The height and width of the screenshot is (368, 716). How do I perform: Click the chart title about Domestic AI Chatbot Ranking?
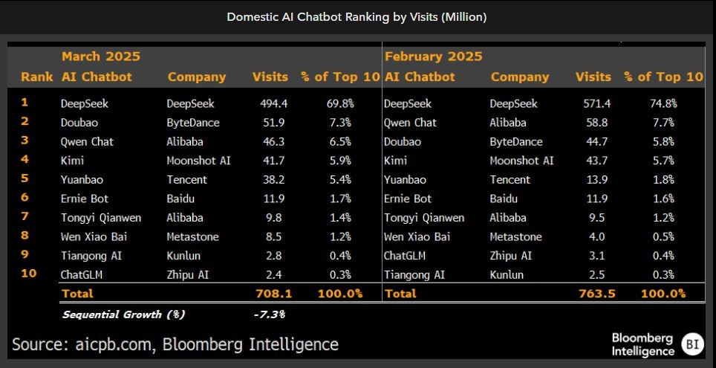click(x=357, y=16)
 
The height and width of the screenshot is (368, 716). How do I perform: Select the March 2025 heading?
click(x=100, y=57)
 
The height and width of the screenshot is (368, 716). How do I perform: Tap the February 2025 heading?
click(x=433, y=57)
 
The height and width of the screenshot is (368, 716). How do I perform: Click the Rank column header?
click(x=36, y=77)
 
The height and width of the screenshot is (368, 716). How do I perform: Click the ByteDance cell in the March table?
click(x=193, y=123)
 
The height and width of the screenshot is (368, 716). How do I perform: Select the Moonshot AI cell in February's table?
click(x=521, y=161)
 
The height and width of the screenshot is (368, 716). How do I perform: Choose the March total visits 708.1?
click(x=273, y=294)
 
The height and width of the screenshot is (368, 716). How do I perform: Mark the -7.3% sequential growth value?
click(x=269, y=314)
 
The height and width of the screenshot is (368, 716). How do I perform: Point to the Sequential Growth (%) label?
click(x=123, y=314)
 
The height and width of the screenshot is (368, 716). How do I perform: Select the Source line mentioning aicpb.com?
click(x=175, y=344)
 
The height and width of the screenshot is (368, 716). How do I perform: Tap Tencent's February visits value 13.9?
click(x=595, y=180)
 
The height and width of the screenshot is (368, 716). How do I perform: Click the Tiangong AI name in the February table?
click(x=414, y=274)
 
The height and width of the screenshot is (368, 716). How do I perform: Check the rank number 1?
click(x=25, y=103)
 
